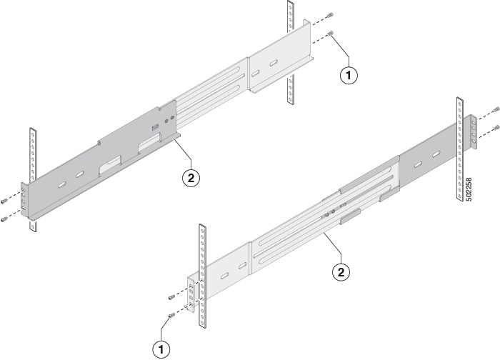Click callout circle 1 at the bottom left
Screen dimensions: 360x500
164,349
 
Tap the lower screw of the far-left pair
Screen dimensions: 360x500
5,218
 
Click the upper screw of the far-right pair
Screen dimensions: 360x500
495,109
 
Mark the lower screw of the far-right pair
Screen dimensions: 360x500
495,128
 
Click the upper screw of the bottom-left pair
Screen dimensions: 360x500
170,297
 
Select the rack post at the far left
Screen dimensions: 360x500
31,179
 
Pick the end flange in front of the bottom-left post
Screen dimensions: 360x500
191,293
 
